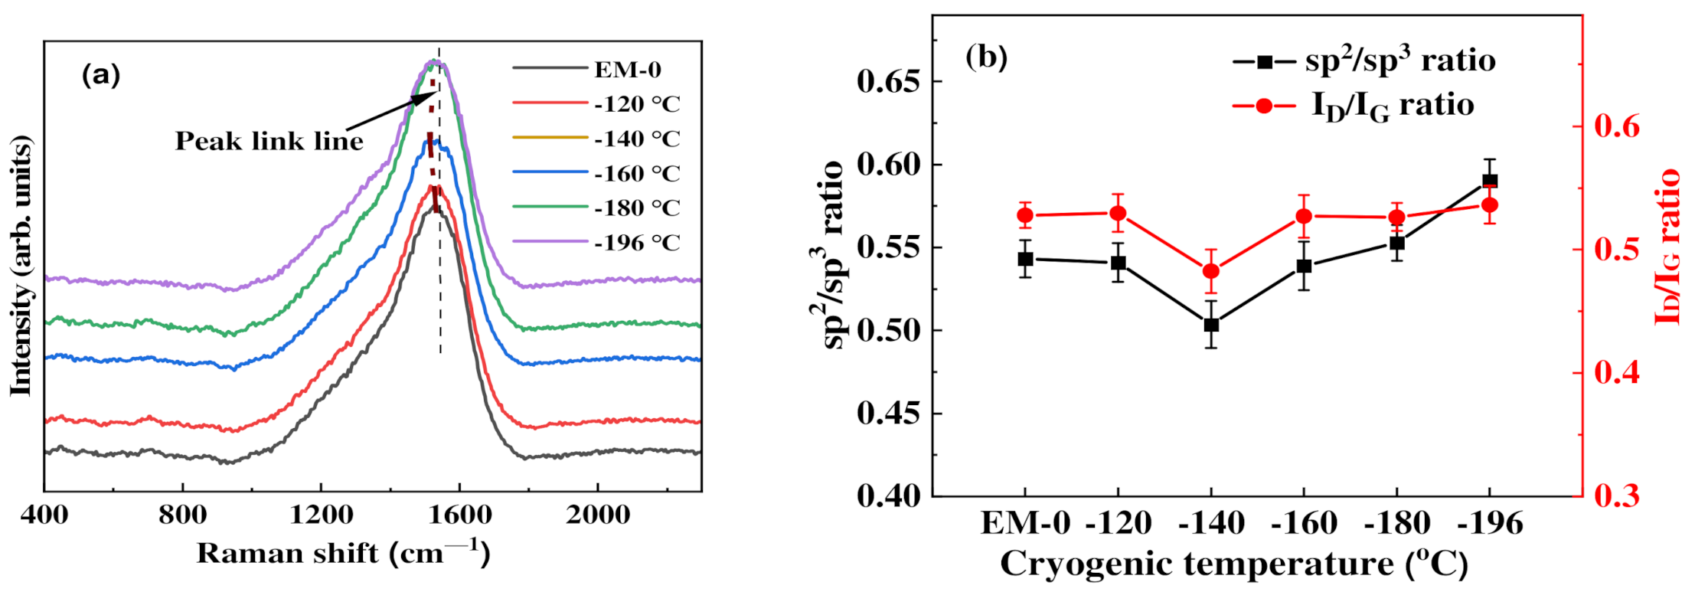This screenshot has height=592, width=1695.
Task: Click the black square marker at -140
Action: [1211, 325]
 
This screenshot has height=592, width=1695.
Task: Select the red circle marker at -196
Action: [1490, 205]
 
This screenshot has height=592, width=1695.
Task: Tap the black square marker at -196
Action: [1490, 182]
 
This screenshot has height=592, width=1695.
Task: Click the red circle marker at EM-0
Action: [1025, 216]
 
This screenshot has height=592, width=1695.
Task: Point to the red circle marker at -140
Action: [1211, 271]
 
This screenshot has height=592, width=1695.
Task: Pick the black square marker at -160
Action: [1304, 267]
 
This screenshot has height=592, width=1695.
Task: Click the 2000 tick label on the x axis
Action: [598, 515]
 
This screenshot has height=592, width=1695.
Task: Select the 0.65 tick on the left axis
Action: [888, 81]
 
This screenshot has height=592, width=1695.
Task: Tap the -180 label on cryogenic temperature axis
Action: [1397, 524]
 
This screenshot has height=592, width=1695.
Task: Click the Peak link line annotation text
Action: [269, 141]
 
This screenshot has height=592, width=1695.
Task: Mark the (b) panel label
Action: [986, 57]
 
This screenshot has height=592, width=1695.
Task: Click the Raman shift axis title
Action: [342, 553]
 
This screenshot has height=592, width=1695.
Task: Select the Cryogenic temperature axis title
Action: [1233, 565]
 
